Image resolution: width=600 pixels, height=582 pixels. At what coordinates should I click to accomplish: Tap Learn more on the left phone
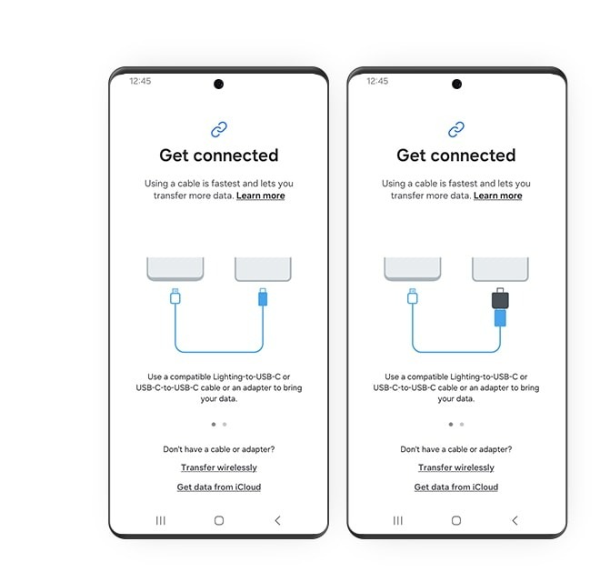pyautogui.click(x=260, y=196)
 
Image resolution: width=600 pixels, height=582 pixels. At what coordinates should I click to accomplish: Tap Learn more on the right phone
pyautogui.click(x=497, y=196)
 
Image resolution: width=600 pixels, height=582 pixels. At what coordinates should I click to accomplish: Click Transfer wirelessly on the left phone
pyautogui.click(x=218, y=467)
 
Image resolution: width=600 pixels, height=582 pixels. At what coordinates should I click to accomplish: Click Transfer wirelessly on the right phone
pyautogui.click(x=455, y=467)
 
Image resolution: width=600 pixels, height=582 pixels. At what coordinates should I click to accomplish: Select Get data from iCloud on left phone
pyautogui.click(x=218, y=487)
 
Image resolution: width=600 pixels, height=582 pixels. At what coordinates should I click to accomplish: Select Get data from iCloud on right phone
pyautogui.click(x=455, y=487)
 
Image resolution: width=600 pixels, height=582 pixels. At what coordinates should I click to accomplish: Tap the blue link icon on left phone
pyautogui.click(x=218, y=129)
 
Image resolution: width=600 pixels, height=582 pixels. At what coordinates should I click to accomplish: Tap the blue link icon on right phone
pyautogui.click(x=455, y=129)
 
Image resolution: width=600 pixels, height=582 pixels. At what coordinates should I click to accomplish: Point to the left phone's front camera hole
pyautogui.click(x=218, y=85)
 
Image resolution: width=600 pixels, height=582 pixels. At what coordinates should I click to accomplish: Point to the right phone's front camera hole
pyautogui.click(x=456, y=85)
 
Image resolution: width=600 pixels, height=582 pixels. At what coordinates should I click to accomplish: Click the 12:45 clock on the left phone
pyautogui.click(x=140, y=81)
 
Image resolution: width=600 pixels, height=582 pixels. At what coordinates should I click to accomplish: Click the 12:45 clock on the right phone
pyautogui.click(x=377, y=81)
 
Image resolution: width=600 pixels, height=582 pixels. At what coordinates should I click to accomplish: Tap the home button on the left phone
pyautogui.click(x=218, y=520)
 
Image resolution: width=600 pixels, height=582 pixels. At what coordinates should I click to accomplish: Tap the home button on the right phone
pyautogui.click(x=455, y=520)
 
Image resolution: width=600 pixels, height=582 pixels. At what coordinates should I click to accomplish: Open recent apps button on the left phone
pyautogui.click(x=161, y=520)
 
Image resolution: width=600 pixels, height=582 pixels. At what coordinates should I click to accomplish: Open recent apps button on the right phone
pyautogui.click(x=398, y=520)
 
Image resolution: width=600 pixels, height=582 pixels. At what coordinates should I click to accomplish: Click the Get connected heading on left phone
pyautogui.click(x=218, y=156)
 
